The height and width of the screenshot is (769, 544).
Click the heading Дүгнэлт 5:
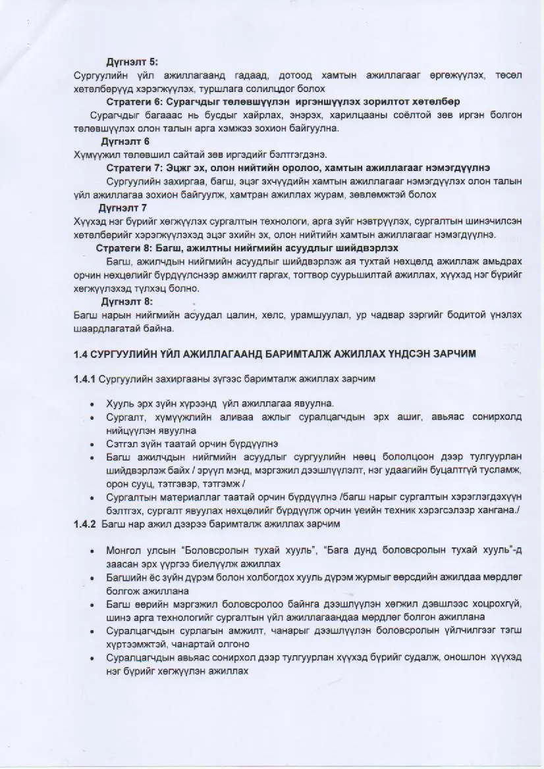(x=131, y=62)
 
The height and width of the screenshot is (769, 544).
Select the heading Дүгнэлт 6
(x=124, y=141)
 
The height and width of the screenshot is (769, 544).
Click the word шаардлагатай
(x=104, y=328)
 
